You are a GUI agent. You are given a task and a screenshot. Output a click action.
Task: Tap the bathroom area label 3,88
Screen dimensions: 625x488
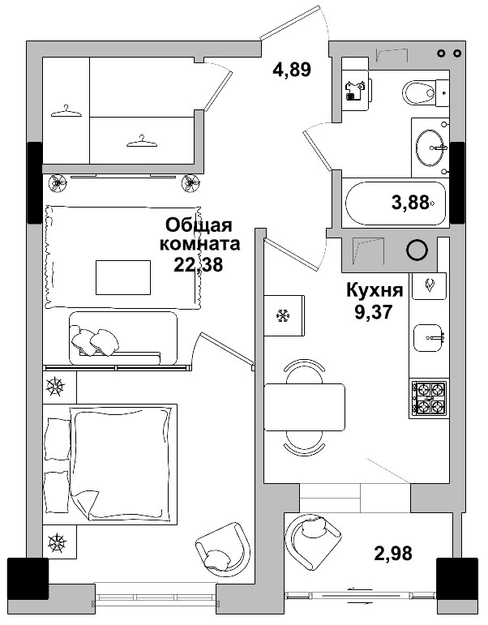pos(410,203)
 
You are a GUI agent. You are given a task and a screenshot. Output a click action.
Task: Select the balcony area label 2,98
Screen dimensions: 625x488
pos(392,554)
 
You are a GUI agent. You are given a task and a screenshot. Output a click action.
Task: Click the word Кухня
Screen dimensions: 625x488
pos(374,291)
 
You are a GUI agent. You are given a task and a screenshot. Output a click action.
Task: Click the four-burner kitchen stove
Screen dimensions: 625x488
pos(429,397)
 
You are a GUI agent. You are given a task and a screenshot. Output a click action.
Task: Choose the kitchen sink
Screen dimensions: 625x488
pos(430,337)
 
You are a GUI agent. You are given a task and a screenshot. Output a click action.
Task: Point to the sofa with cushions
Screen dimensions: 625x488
pos(122,336)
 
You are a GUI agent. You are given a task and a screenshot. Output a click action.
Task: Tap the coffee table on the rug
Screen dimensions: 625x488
pos(123,277)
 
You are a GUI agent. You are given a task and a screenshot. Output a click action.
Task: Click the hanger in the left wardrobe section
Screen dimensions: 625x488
pos(66,112)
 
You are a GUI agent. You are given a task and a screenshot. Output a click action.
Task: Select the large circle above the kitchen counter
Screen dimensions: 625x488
pos(417,250)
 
